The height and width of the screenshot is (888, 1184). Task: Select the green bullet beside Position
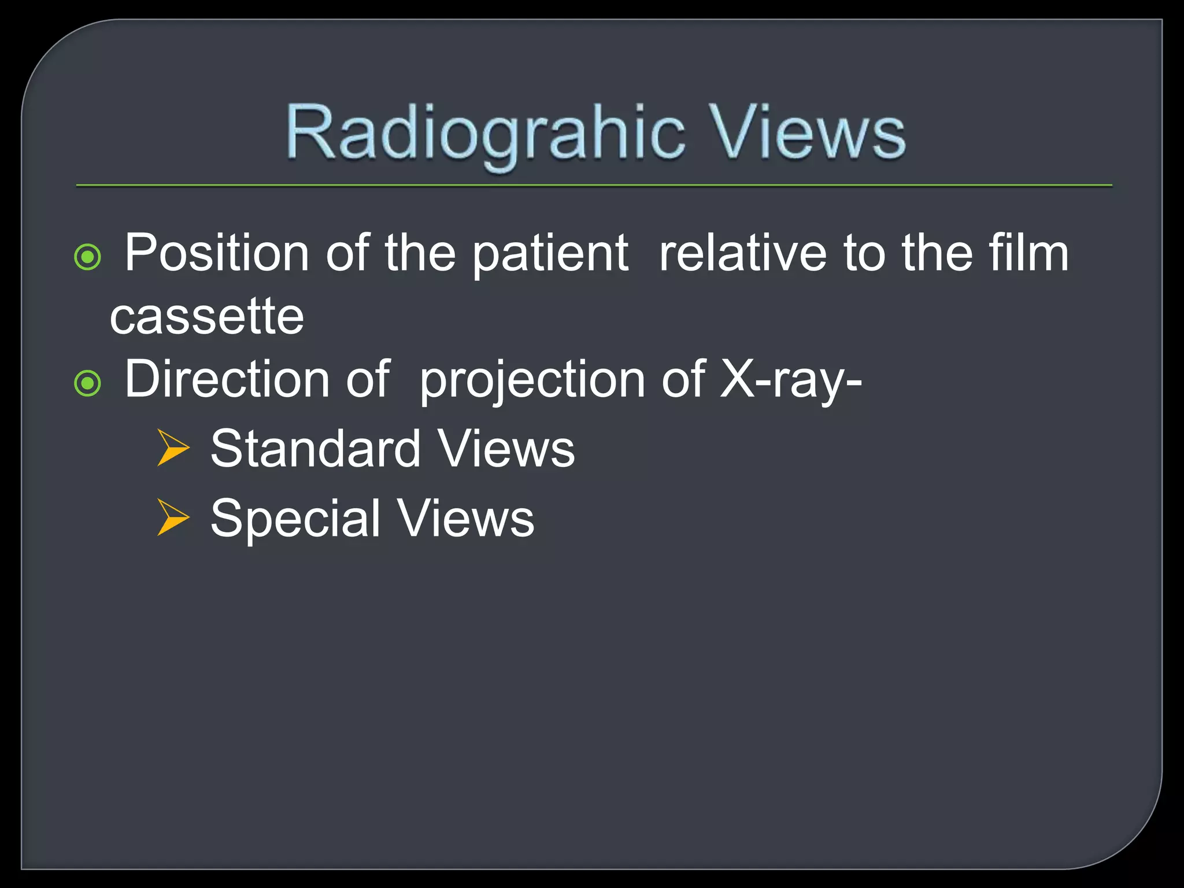pos(88,257)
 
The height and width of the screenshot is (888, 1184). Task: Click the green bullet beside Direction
pos(88,383)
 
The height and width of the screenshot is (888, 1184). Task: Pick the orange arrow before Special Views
pos(173,517)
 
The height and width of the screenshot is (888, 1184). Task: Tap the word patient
pos(550,254)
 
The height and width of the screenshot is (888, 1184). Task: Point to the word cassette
pos(206,317)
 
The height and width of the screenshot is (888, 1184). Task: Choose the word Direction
pos(227,379)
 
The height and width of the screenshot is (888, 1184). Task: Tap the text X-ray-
pos(791,380)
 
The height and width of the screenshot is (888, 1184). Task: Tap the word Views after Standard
pos(506,449)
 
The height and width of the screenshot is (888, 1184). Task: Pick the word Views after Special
pos(466,518)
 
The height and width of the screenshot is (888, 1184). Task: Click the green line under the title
pos(594,186)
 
